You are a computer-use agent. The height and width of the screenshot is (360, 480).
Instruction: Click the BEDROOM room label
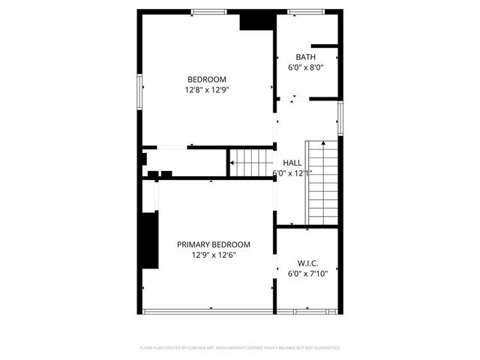[206, 79]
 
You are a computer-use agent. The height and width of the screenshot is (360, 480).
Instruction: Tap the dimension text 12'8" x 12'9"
[206, 90]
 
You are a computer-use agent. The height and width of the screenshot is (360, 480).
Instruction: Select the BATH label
[305, 57]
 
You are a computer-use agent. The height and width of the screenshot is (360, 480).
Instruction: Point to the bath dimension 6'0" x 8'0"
[305, 67]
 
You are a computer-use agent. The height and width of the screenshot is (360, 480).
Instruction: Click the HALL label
[292, 163]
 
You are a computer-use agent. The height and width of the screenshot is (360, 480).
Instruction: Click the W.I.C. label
[308, 263]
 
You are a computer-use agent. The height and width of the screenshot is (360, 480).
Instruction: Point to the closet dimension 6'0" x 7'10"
[308, 274]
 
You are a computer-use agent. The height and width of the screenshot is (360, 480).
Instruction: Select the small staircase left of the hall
[250, 162]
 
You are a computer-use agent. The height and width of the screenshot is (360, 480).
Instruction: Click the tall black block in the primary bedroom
[149, 239]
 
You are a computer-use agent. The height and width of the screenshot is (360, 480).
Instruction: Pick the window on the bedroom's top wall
[208, 11]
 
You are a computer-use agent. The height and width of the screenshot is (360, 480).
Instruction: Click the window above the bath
[305, 11]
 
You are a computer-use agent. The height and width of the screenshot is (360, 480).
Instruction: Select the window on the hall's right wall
[340, 118]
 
